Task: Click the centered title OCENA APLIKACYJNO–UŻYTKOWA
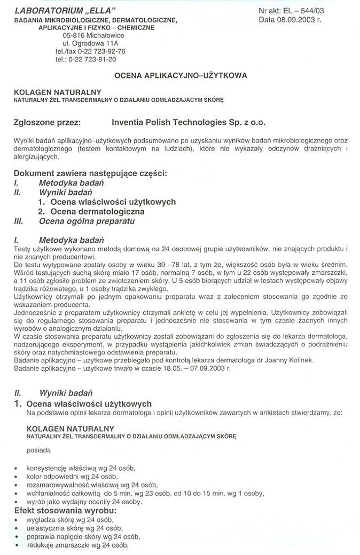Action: coord(181,76)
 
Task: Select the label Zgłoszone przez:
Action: coord(46,122)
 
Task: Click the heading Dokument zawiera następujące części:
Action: coord(90,173)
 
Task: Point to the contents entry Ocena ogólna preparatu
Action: coord(87,221)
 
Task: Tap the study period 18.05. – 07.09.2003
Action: coord(189,368)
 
